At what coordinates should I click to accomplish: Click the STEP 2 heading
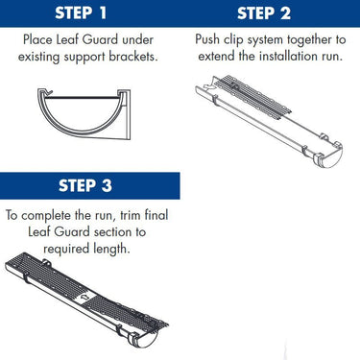tap(271, 12)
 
